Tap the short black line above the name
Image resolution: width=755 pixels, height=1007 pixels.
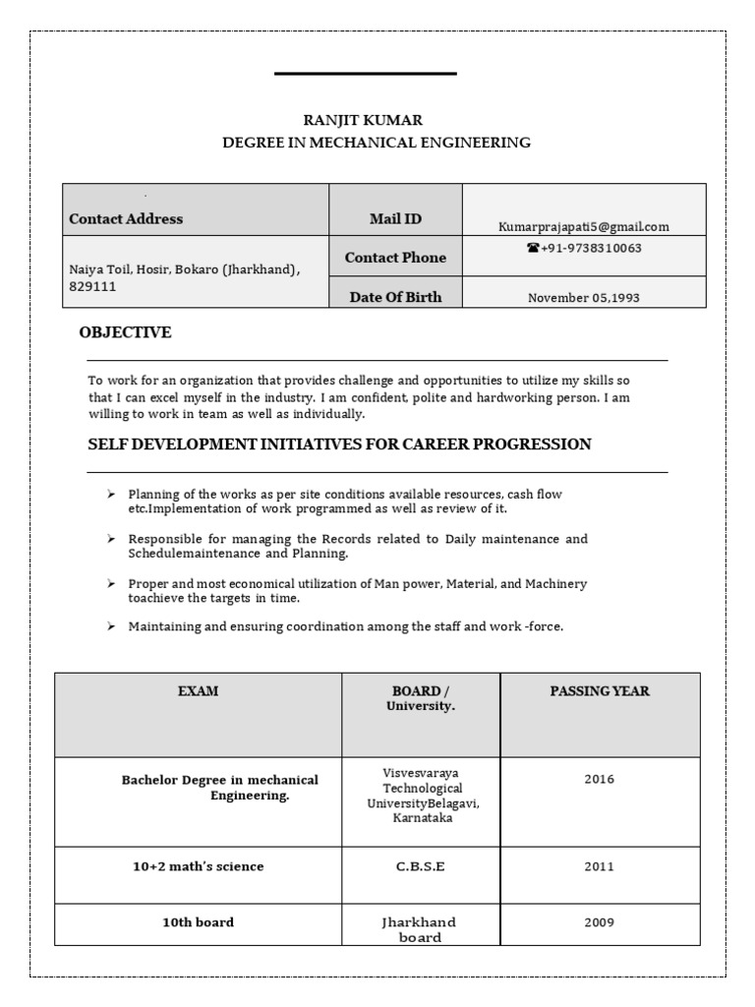[x=365, y=74]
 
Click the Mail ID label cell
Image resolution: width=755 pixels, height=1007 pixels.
[x=395, y=219]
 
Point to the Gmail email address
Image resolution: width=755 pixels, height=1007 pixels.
[x=584, y=226]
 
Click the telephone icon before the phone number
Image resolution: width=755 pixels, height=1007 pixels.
[x=533, y=249]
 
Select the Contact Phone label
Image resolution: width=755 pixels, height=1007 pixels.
[x=395, y=258]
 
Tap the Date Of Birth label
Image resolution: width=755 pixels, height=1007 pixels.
[x=395, y=297]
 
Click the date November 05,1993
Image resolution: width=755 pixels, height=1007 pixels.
[x=584, y=298]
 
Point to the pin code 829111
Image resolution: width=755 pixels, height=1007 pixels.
[x=88, y=286]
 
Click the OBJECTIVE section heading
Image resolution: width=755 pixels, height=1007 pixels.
[x=125, y=333]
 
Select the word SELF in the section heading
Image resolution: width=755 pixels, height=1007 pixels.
[x=106, y=444]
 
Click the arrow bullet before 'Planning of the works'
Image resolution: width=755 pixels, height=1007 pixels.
[x=111, y=494]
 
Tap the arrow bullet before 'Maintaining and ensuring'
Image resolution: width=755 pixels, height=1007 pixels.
[x=111, y=626]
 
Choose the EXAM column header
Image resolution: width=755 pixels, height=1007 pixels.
[x=198, y=691]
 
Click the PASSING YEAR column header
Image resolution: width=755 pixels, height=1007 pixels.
[x=599, y=691]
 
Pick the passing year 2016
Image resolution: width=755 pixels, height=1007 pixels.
[x=599, y=780]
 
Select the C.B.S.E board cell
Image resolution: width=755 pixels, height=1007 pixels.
[x=421, y=866]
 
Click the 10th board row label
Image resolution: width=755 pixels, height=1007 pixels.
[x=198, y=922]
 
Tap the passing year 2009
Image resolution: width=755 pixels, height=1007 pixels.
[x=599, y=922]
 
